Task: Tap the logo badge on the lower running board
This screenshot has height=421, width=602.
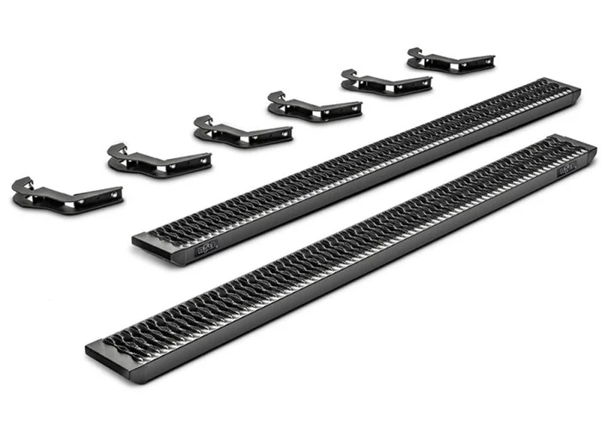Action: (x=568, y=169)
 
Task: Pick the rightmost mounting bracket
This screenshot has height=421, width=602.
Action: (x=439, y=61)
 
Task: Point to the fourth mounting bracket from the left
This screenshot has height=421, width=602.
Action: (x=314, y=107)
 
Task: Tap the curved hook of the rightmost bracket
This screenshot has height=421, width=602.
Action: (x=415, y=52)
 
